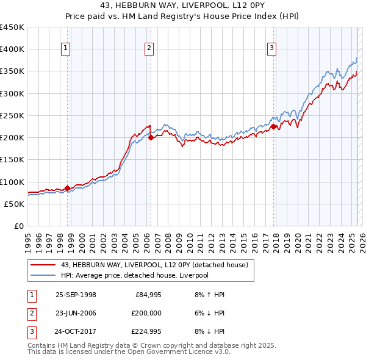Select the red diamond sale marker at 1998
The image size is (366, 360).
click(68, 188)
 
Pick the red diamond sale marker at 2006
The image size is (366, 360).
click(151, 137)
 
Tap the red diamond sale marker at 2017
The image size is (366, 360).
click(274, 126)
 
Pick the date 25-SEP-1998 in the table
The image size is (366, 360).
click(76, 295)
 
